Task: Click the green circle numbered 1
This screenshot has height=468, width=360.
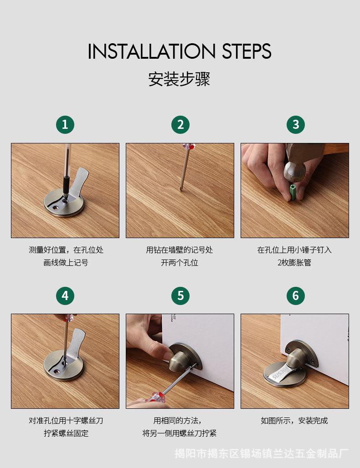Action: pos(65,124)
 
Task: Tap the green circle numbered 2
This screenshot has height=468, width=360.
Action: pos(180,124)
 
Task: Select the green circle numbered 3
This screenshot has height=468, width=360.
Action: pos(295,124)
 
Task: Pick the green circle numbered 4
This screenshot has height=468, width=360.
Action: pos(65,295)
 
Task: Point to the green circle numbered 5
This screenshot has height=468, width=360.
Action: pos(180,295)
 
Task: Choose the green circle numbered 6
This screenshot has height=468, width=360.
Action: pos(295,295)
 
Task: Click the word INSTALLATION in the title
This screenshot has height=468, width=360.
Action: pos(151,51)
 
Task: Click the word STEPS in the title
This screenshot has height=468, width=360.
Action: pos(247,51)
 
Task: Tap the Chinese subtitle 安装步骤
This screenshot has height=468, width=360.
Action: pos(180,79)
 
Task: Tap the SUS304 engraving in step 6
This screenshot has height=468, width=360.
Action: pos(279,373)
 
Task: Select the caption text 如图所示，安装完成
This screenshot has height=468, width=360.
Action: pos(294,421)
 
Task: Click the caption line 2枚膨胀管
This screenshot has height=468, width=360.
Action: pos(294,263)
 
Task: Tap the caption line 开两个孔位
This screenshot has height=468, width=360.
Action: pos(180,263)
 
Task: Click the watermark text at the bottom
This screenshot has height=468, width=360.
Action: pos(262,453)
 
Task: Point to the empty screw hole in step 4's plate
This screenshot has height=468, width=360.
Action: pos(57,371)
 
